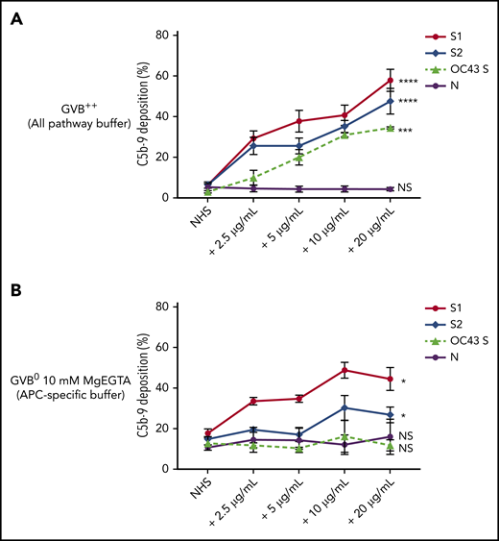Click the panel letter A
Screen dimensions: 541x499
point(16,20)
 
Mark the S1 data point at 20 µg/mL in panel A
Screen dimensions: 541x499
point(390,80)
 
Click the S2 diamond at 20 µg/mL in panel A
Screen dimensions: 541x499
point(390,101)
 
